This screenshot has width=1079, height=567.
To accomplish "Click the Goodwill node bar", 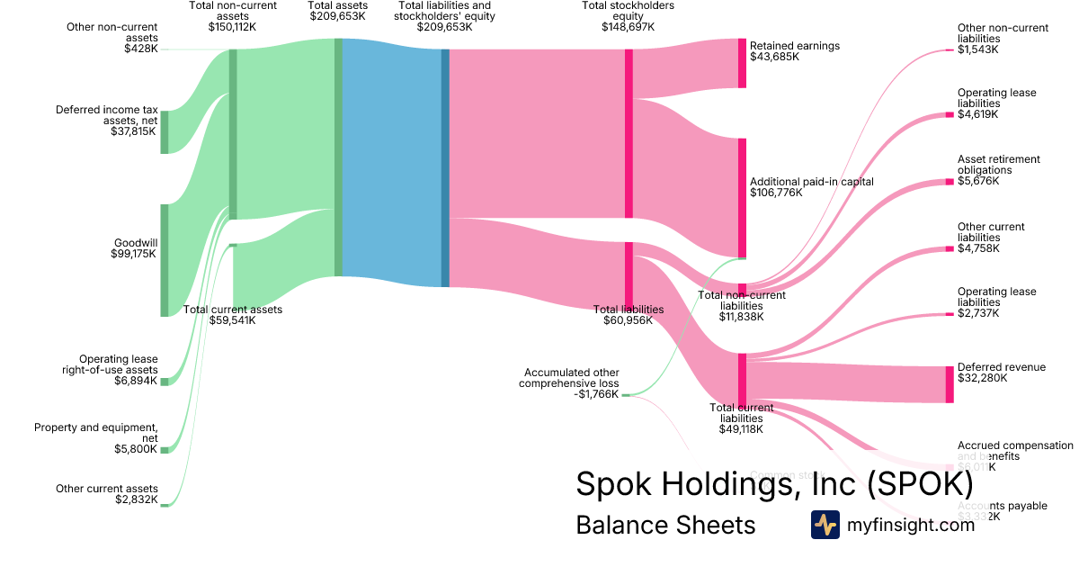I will pos(165,260).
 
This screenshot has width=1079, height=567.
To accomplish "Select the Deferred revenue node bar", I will pos(949,384).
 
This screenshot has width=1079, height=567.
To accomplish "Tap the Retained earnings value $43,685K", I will pos(774,57).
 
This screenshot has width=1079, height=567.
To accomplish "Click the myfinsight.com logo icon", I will pos(825,525).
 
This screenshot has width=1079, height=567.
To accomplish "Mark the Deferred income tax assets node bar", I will pos(165,132).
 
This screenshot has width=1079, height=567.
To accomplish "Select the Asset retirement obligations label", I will pos(998,165).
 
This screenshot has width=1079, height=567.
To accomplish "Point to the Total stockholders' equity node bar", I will pos(629,133).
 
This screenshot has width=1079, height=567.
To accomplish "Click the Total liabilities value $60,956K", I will pos(628,320).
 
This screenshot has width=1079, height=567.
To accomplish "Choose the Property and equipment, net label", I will pos(96,433).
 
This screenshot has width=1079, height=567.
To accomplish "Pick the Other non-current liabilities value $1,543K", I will pos(977,49).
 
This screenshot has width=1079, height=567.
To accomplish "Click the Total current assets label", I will pos(233,310).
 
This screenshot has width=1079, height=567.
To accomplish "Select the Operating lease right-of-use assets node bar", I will pos(165,382).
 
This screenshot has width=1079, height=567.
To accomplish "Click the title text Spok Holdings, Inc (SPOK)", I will pos(774,484).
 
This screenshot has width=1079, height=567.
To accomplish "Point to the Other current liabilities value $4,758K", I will pos(977,248).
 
